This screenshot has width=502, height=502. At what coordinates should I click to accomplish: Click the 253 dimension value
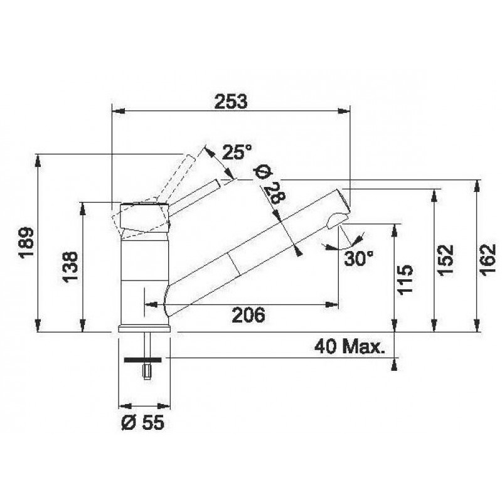[231, 101]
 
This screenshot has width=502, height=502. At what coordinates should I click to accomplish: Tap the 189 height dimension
[26, 243]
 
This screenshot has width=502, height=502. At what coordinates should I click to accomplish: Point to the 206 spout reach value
[248, 315]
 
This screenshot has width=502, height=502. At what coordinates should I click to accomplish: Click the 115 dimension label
[405, 279]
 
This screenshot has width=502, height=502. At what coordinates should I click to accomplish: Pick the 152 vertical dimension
[446, 260]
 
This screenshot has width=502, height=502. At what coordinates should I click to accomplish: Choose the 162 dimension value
[488, 260]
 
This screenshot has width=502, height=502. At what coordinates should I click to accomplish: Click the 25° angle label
[237, 152]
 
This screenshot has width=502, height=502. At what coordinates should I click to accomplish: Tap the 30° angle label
[358, 258]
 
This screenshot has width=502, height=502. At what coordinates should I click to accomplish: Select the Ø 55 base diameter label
[143, 422]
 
